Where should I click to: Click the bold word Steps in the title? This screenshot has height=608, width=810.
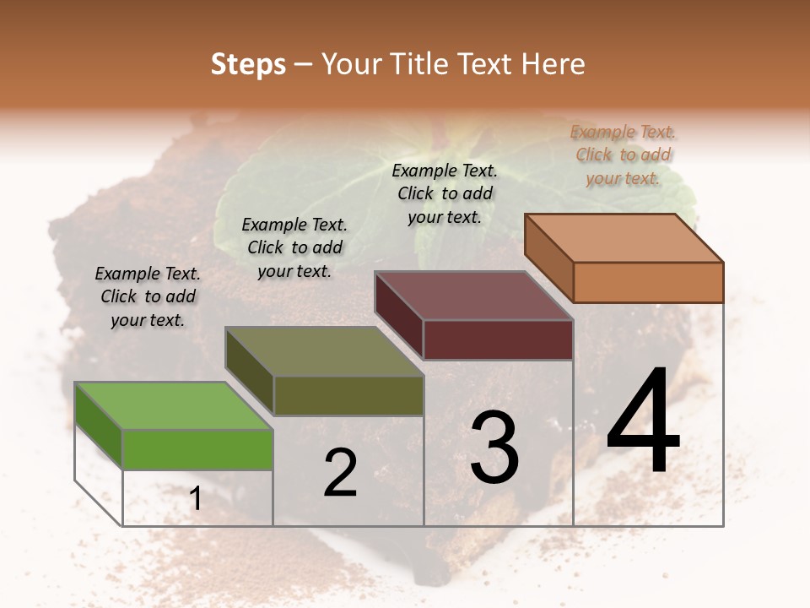coord(248,64)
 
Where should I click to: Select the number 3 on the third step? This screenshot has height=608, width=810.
coord(494,448)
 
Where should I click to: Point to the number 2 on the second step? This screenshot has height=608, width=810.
coord(340,474)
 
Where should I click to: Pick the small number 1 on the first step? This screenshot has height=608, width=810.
coord(195,499)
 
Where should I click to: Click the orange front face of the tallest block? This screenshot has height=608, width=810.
coord(648,282)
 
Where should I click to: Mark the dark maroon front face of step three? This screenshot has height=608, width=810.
coord(498,340)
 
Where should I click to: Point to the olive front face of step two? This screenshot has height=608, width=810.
coord(348,395)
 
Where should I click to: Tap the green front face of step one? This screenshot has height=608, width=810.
coord(197,449)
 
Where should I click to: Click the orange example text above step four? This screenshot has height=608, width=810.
coord(624,155)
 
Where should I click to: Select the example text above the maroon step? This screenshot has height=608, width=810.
coord(445,193)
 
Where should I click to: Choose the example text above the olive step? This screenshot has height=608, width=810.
coord(294,247)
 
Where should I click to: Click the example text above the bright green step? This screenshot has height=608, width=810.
coord(148,296)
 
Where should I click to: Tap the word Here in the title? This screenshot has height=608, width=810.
coord(553,64)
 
